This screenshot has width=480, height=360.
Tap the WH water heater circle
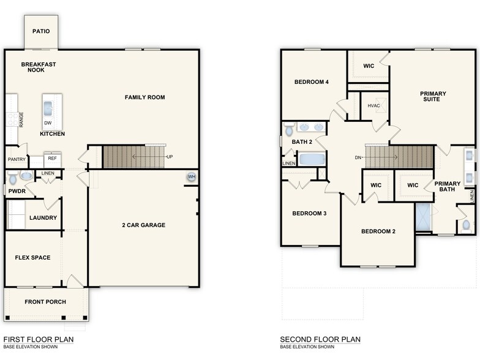click(x=192, y=177)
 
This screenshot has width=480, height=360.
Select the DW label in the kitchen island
click(x=48, y=123)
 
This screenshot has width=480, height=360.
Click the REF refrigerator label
click(x=52, y=158)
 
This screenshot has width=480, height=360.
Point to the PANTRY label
click(x=17, y=159)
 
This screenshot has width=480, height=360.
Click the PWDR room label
click(x=17, y=191)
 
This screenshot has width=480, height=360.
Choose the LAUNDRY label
click(x=43, y=217)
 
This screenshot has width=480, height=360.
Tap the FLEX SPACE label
click(x=32, y=258)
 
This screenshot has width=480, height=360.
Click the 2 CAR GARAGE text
click(x=143, y=225)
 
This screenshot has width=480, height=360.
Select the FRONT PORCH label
click(x=45, y=302)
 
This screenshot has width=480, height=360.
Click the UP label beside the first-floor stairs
click(x=170, y=157)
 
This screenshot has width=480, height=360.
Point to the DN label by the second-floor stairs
click(x=358, y=157)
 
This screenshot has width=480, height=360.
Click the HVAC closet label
click(x=374, y=106)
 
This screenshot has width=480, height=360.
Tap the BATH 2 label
click(x=302, y=142)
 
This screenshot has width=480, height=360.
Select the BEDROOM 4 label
click(x=312, y=82)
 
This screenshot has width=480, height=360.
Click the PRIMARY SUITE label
click(x=433, y=97)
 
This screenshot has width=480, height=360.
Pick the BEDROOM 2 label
click(x=378, y=231)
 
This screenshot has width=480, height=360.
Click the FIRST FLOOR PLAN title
click(x=38, y=339)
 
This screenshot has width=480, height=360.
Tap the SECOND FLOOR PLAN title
click(x=320, y=339)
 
